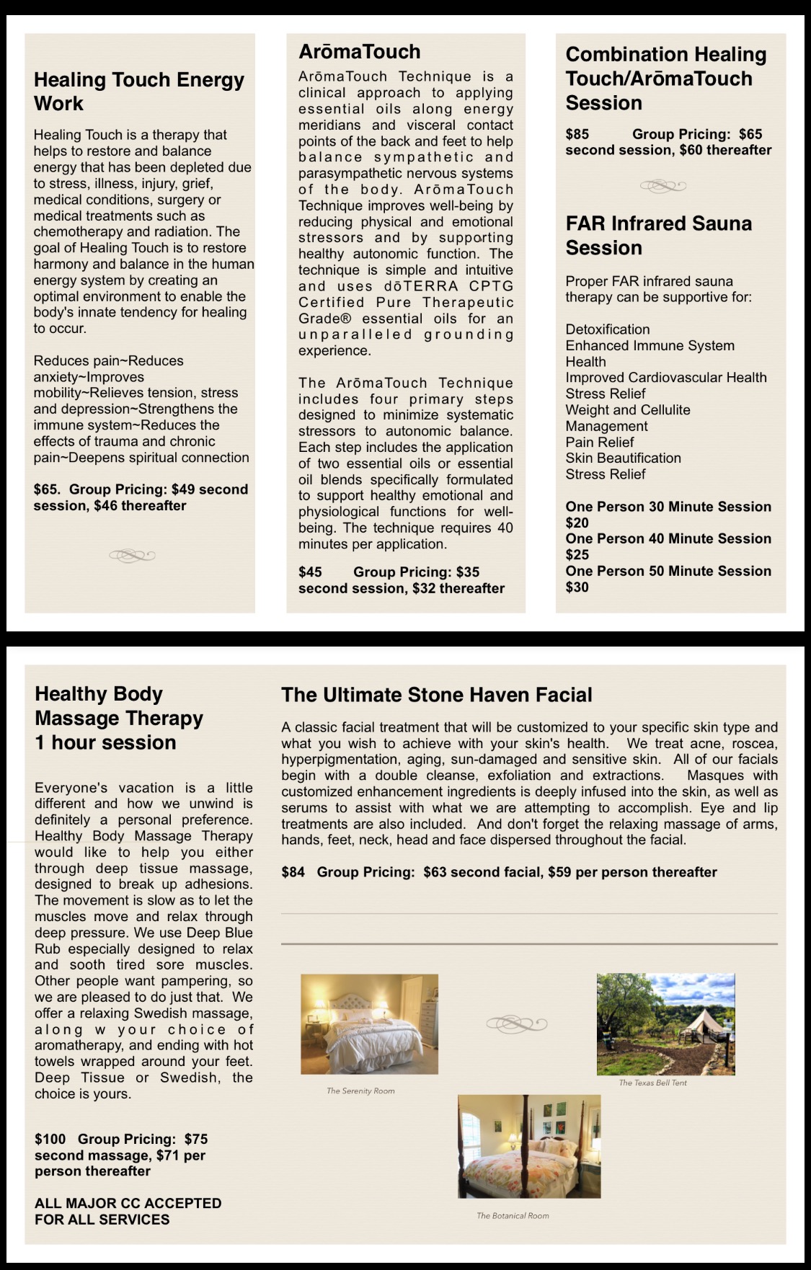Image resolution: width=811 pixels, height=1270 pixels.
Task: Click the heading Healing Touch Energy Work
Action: (138, 92)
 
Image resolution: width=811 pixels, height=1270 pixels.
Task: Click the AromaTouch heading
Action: (359, 52)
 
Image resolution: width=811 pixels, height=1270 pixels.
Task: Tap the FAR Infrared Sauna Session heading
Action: (658, 236)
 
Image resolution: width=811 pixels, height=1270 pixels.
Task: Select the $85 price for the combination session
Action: (577, 134)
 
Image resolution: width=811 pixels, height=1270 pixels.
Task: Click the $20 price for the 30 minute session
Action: (577, 523)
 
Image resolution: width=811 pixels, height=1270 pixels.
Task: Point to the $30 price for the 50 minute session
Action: (577, 587)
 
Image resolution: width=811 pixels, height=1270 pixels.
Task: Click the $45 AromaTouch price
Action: (310, 572)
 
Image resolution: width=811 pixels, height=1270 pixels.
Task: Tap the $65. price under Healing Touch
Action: (47, 489)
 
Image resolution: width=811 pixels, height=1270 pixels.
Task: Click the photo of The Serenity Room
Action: (369, 1024)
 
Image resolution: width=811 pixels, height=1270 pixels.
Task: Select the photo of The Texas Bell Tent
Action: (665, 1023)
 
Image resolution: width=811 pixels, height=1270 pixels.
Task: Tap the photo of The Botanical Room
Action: (529, 1147)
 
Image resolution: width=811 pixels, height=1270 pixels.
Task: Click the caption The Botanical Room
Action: (513, 1216)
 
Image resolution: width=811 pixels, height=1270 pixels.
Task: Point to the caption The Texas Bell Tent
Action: (652, 1083)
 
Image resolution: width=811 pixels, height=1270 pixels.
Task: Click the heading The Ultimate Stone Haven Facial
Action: (436, 695)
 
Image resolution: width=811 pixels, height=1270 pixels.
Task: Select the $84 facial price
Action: (293, 872)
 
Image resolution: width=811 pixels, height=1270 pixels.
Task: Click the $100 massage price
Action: (50, 1139)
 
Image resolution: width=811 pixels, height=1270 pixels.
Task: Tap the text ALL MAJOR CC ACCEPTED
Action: (128, 1203)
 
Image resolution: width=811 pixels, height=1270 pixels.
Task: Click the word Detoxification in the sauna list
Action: (607, 329)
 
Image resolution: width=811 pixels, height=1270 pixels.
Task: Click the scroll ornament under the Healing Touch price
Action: (132, 555)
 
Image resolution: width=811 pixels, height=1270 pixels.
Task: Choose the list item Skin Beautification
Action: (623, 458)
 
